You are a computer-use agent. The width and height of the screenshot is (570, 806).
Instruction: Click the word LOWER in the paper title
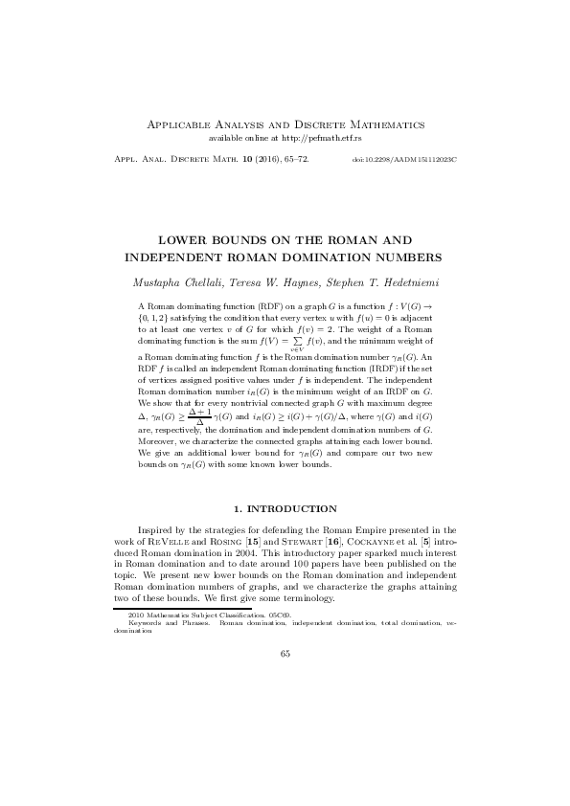[184, 239]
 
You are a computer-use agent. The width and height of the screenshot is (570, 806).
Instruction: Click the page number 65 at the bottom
[285, 654]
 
